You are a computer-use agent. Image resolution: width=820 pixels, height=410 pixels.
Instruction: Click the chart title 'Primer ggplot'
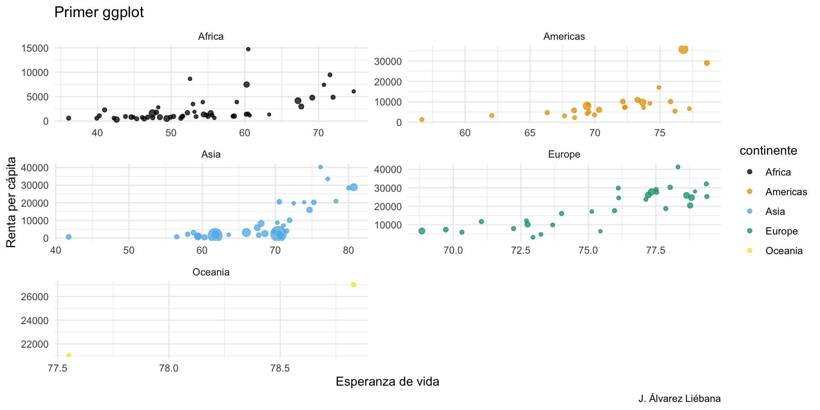(99, 12)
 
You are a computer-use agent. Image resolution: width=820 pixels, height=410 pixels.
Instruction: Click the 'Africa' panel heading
(211, 37)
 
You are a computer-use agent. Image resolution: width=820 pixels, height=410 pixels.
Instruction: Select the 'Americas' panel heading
(564, 37)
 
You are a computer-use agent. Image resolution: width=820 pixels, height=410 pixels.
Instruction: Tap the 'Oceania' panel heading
(211, 272)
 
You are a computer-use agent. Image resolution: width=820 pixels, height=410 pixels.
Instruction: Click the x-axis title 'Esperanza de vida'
(387, 382)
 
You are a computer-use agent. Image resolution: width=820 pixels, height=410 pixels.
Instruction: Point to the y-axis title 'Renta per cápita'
(12, 202)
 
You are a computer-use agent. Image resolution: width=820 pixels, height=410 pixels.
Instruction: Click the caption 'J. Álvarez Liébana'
(679, 399)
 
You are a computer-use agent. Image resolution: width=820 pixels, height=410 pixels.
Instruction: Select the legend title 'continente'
(768, 151)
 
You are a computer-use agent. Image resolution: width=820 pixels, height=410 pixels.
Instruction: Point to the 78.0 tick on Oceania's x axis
(169, 369)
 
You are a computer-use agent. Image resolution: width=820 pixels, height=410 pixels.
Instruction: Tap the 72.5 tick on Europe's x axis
(520, 251)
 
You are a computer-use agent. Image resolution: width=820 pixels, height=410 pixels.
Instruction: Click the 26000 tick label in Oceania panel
(35, 297)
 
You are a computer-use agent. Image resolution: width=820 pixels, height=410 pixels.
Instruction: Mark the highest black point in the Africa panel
(248, 49)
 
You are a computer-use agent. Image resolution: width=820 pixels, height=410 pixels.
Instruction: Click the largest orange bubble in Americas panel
(683, 50)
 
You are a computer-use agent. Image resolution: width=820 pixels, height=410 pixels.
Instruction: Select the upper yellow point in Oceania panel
(354, 285)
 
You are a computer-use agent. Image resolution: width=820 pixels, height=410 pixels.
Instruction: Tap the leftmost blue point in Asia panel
(69, 237)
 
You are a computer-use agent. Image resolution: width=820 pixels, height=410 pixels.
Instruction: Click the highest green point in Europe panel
(678, 167)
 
